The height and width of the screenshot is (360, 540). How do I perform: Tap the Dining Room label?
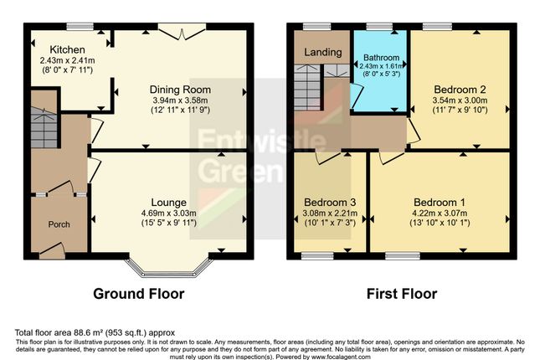(x=180, y=90)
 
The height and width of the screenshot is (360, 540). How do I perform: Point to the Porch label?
(x=59, y=224)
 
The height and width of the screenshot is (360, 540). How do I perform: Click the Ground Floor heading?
(x=138, y=294)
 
